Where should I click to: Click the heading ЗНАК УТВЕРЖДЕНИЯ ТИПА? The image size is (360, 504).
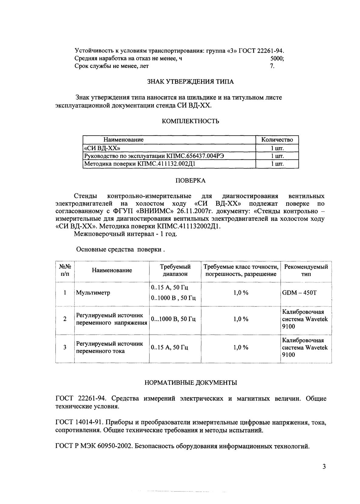click(x=190, y=82)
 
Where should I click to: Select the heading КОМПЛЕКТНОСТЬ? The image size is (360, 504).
click(x=190, y=121)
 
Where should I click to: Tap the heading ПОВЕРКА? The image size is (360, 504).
click(x=190, y=181)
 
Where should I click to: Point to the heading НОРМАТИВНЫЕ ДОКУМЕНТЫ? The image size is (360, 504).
click(x=190, y=383)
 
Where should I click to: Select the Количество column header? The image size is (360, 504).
click(x=277, y=140)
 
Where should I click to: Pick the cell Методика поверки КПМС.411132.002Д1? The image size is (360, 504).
click(x=141, y=164)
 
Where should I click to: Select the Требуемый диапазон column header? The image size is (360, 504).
click(x=175, y=270)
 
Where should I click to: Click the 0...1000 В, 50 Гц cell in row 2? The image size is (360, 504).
click(x=173, y=319)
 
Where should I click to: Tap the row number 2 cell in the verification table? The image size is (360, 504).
click(x=65, y=319)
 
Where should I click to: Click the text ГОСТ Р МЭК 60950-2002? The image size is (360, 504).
click(x=93, y=446)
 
